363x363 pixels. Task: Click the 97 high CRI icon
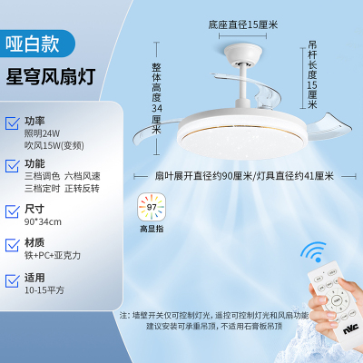coord(151,206)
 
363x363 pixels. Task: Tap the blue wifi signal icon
coord(313,252)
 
